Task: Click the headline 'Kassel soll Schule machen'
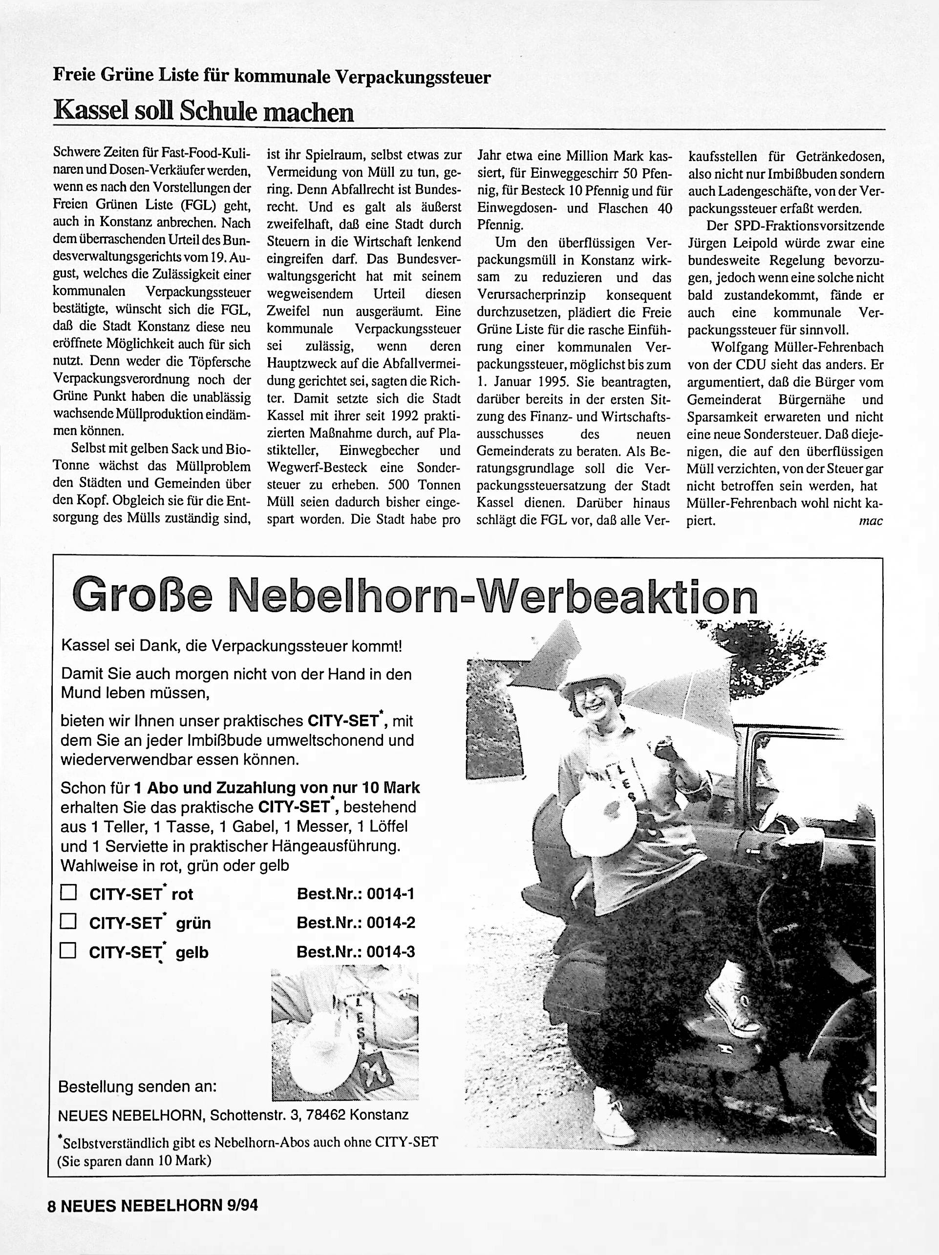tap(203, 112)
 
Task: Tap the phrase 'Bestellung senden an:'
tap(137, 1087)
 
